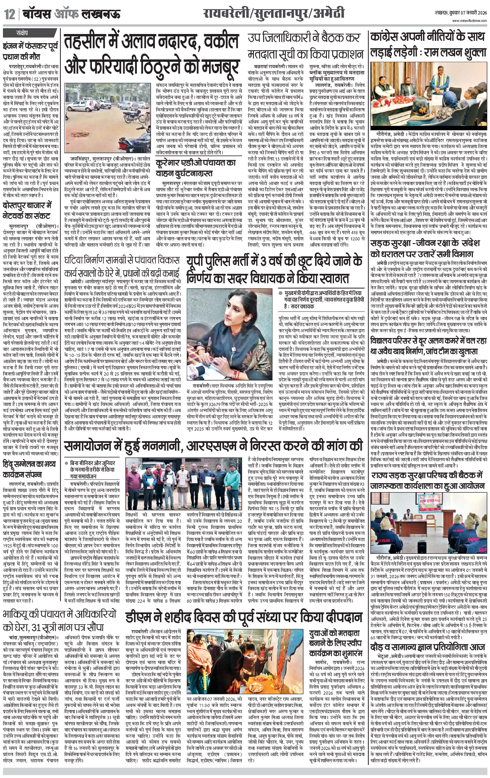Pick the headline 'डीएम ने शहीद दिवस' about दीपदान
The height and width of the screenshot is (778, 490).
[x=244, y=618]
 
